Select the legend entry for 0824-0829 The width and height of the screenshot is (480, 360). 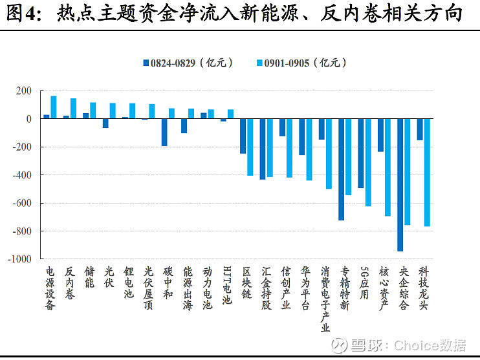coord(187,63)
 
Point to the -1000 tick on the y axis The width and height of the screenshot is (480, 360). coord(21,259)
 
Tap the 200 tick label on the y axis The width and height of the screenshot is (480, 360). coord(24,91)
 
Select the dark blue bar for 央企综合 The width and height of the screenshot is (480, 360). coord(400,185)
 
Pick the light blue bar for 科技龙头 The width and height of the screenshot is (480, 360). coord(427,173)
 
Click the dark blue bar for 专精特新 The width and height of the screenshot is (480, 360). coord(342,169)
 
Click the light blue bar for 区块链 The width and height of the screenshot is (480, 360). coord(250,147)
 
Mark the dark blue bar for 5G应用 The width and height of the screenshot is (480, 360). coord(361,153)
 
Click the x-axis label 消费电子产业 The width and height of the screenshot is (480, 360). coord(325,298)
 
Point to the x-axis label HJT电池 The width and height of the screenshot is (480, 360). coord(226,285)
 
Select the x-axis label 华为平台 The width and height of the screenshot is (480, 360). coord(305,288)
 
